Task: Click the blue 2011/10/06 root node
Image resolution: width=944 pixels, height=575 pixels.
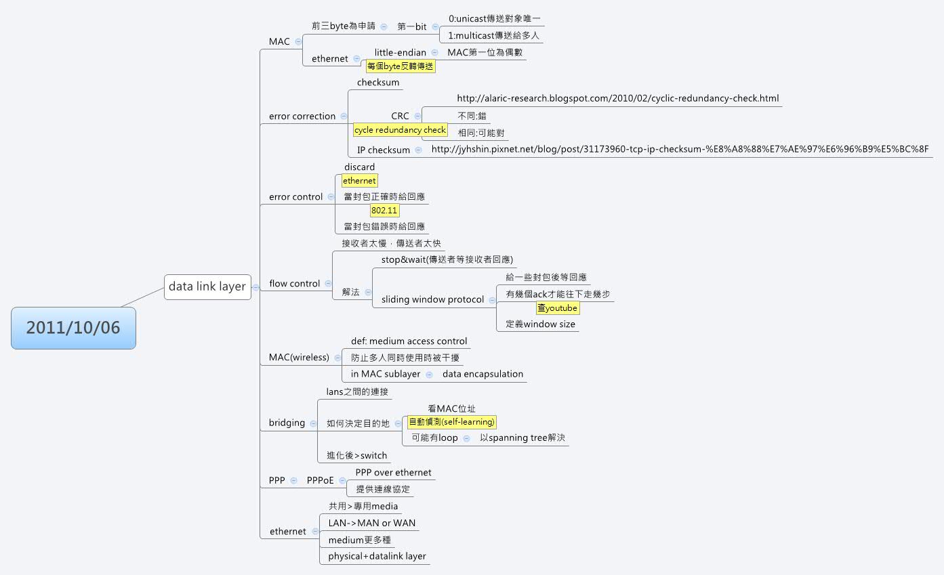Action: click(x=73, y=328)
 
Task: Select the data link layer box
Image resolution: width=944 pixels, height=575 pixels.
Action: click(x=207, y=287)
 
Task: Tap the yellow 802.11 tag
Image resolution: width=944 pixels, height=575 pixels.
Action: click(x=384, y=210)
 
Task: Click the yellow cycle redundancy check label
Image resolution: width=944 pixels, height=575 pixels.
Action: click(x=400, y=130)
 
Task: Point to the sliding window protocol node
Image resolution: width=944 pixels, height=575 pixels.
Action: click(x=432, y=299)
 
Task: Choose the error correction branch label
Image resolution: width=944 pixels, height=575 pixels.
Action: click(x=302, y=116)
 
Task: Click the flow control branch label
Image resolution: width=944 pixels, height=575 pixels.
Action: click(x=295, y=284)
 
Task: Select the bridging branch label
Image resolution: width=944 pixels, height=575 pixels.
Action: click(x=287, y=423)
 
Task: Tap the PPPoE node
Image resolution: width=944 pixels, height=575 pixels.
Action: click(x=321, y=480)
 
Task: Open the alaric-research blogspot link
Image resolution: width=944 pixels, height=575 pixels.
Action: click(x=618, y=99)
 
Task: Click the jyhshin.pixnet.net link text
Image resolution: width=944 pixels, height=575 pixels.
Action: click(x=680, y=149)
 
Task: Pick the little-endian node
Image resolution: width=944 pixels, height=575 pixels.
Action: click(x=401, y=53)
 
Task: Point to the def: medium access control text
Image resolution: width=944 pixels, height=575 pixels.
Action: click(x=409, y=341)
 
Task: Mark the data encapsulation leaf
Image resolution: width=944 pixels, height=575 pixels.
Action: click(x=483, y=374)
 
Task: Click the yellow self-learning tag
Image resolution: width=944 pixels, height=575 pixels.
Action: click(x=452, y=422)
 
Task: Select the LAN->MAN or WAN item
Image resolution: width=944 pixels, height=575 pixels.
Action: click(x=371, y=523)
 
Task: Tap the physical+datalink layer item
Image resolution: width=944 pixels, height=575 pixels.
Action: click(x=377, y=557)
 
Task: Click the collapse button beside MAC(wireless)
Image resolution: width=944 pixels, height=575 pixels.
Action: click(x=337, y=358)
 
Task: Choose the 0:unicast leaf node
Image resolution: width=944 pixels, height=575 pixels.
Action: click(x=494, y=19)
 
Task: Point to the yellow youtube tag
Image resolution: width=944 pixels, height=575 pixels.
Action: click(x=558, y=308)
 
